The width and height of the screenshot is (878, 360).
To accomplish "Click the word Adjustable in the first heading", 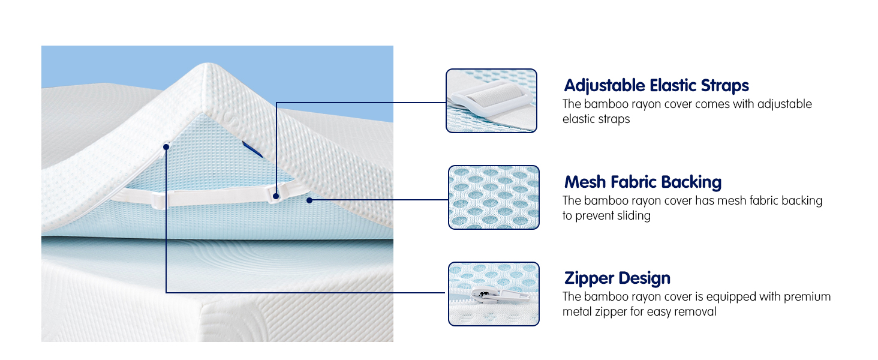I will [604, 85].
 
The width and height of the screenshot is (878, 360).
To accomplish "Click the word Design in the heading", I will [644, 278].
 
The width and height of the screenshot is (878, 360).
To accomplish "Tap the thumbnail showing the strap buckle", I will [491, 100].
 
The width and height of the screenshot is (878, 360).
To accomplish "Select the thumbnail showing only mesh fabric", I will [494, 197].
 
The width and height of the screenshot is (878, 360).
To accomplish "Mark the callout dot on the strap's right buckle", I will [275, 195].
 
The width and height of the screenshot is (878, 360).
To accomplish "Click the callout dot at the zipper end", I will [166, 146].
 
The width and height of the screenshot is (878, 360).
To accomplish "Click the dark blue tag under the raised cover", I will [252, 149].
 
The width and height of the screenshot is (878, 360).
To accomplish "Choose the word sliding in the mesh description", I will [629, 215].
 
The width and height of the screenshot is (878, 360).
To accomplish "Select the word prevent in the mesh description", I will [596, 215].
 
